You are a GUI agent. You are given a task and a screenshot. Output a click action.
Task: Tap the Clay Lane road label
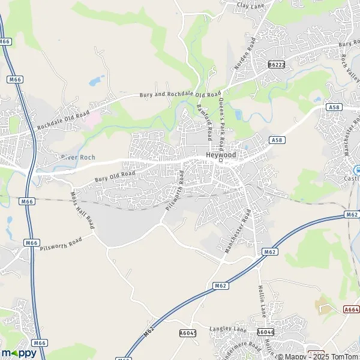(x=251, y=5)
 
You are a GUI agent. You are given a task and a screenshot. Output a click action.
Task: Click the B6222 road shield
(x=277, y=64)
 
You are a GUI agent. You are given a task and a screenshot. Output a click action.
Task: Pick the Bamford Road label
(x=205, y=118)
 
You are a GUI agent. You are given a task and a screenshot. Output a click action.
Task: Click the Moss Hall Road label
(x=83, y=210)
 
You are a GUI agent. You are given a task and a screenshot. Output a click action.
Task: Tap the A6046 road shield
(x=265, y=331)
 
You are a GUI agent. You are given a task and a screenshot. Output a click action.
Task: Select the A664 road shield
(x=352, y=309)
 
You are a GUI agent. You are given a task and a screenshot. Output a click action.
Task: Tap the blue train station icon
(x=356, y=169)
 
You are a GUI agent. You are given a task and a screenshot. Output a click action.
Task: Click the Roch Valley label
(x=350, y=66)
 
